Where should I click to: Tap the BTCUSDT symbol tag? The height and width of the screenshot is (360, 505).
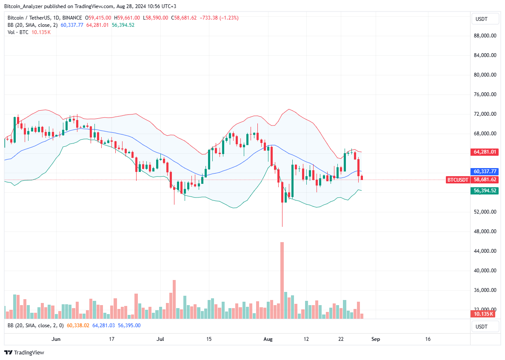point(457,180)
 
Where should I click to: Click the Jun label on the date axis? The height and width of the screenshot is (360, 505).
point(56,339)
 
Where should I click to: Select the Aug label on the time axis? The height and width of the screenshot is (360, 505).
point(268,339)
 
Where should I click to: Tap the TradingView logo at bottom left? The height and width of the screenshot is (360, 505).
point(24,352)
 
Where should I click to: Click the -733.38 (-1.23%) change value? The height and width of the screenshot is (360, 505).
point(217,18)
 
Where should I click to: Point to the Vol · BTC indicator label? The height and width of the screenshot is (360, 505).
point(17,32)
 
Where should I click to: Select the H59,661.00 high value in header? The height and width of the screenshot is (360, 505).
point(128,18)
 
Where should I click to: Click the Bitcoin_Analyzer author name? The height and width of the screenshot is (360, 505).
point(21,6)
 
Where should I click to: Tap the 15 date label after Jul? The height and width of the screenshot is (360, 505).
point(209,339)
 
